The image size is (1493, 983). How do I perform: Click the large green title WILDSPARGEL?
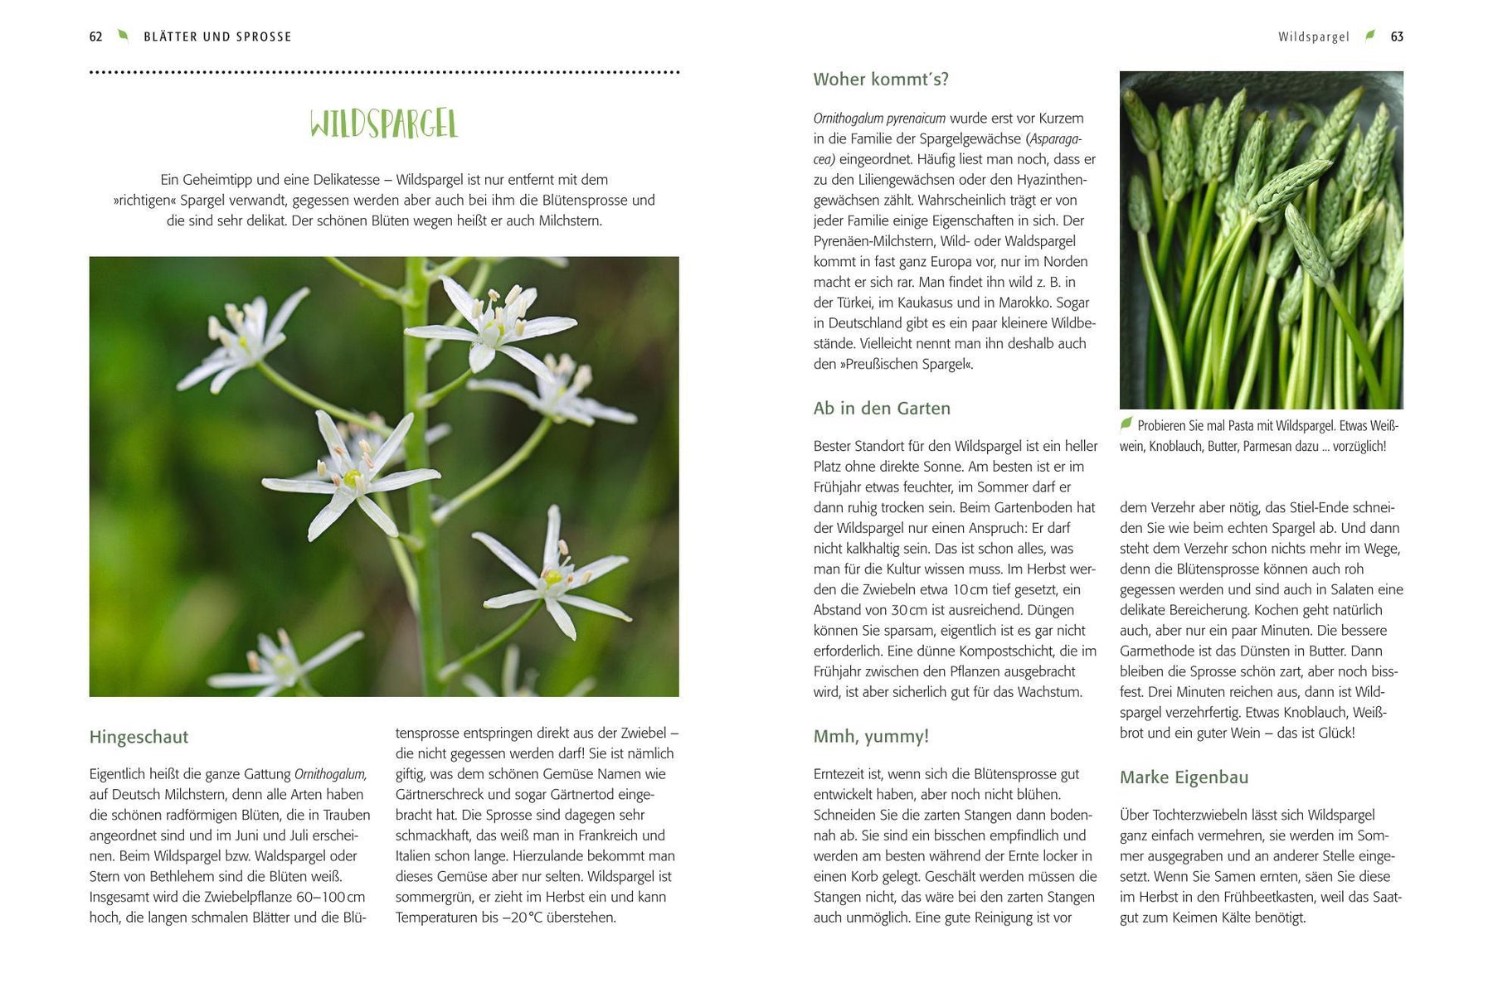pyautogui.click(x=383, y=124)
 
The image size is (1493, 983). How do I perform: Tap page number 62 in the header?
pyautogui.click(x=95, y=36)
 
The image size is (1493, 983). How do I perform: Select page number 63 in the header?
pyautogui.click(x=1397, y=36)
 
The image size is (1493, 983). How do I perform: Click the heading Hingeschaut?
pyautogui.click(x=139, y=737)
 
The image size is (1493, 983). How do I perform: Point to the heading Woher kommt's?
pyautogui.click(x=880, y=80)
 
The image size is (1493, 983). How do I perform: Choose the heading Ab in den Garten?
pyautogui.click(x=882, y=408)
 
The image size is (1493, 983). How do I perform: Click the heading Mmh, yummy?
pyautogui.click(x=871, y=736)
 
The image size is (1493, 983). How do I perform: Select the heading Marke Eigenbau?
pyautogui.click(x=1184, y=777)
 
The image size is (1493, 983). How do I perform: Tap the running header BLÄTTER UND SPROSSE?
pyautogui.click(x=217, y=36)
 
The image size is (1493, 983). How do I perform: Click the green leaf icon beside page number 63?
pyautogui.click(x=1370, y=35)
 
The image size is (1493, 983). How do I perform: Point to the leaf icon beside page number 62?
pyautogui.click(x=123, y=35)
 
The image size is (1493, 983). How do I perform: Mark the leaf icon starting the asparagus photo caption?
pyautogui.click(x=1126, y=424)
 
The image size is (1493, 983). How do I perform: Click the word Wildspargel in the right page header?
pyautogui.click(x=1313, y=36)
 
